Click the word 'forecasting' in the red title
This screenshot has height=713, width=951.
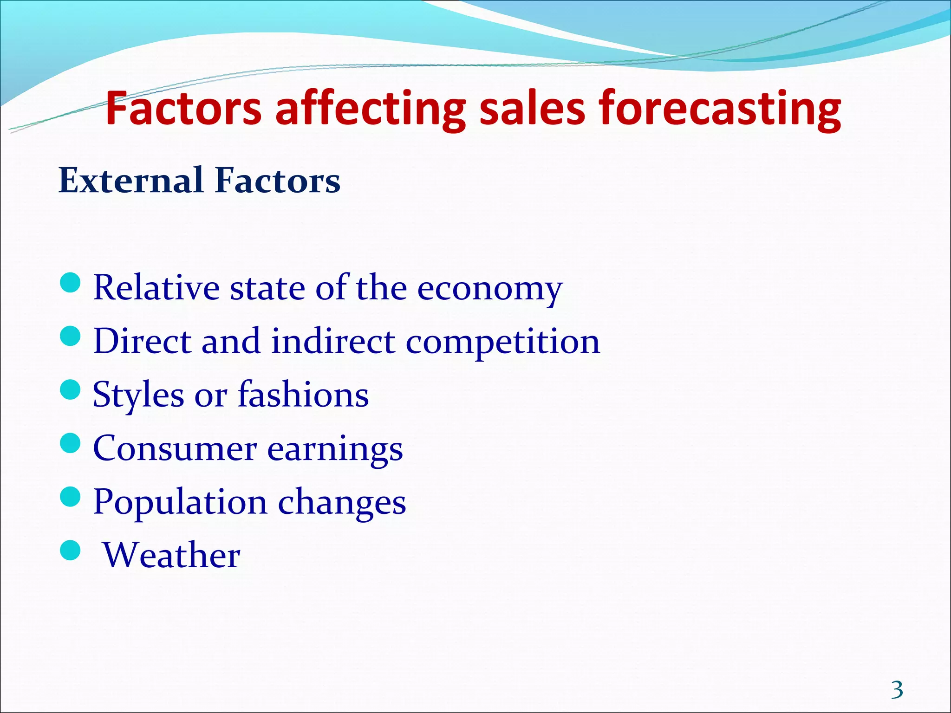719,110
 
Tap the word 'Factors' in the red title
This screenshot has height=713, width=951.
183,109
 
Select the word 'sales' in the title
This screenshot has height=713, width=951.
532,109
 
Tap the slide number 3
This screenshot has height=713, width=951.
897,690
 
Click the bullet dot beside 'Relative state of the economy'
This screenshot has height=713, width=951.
71,283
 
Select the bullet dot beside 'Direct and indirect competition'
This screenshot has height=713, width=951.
71,336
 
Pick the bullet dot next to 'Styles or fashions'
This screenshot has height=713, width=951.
71,389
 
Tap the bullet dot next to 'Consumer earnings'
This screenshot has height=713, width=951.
71,443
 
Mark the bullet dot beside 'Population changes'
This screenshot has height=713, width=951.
71,497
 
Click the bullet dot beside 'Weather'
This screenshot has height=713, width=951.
71,550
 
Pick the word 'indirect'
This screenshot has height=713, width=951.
333,342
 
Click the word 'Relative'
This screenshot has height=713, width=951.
156,288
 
